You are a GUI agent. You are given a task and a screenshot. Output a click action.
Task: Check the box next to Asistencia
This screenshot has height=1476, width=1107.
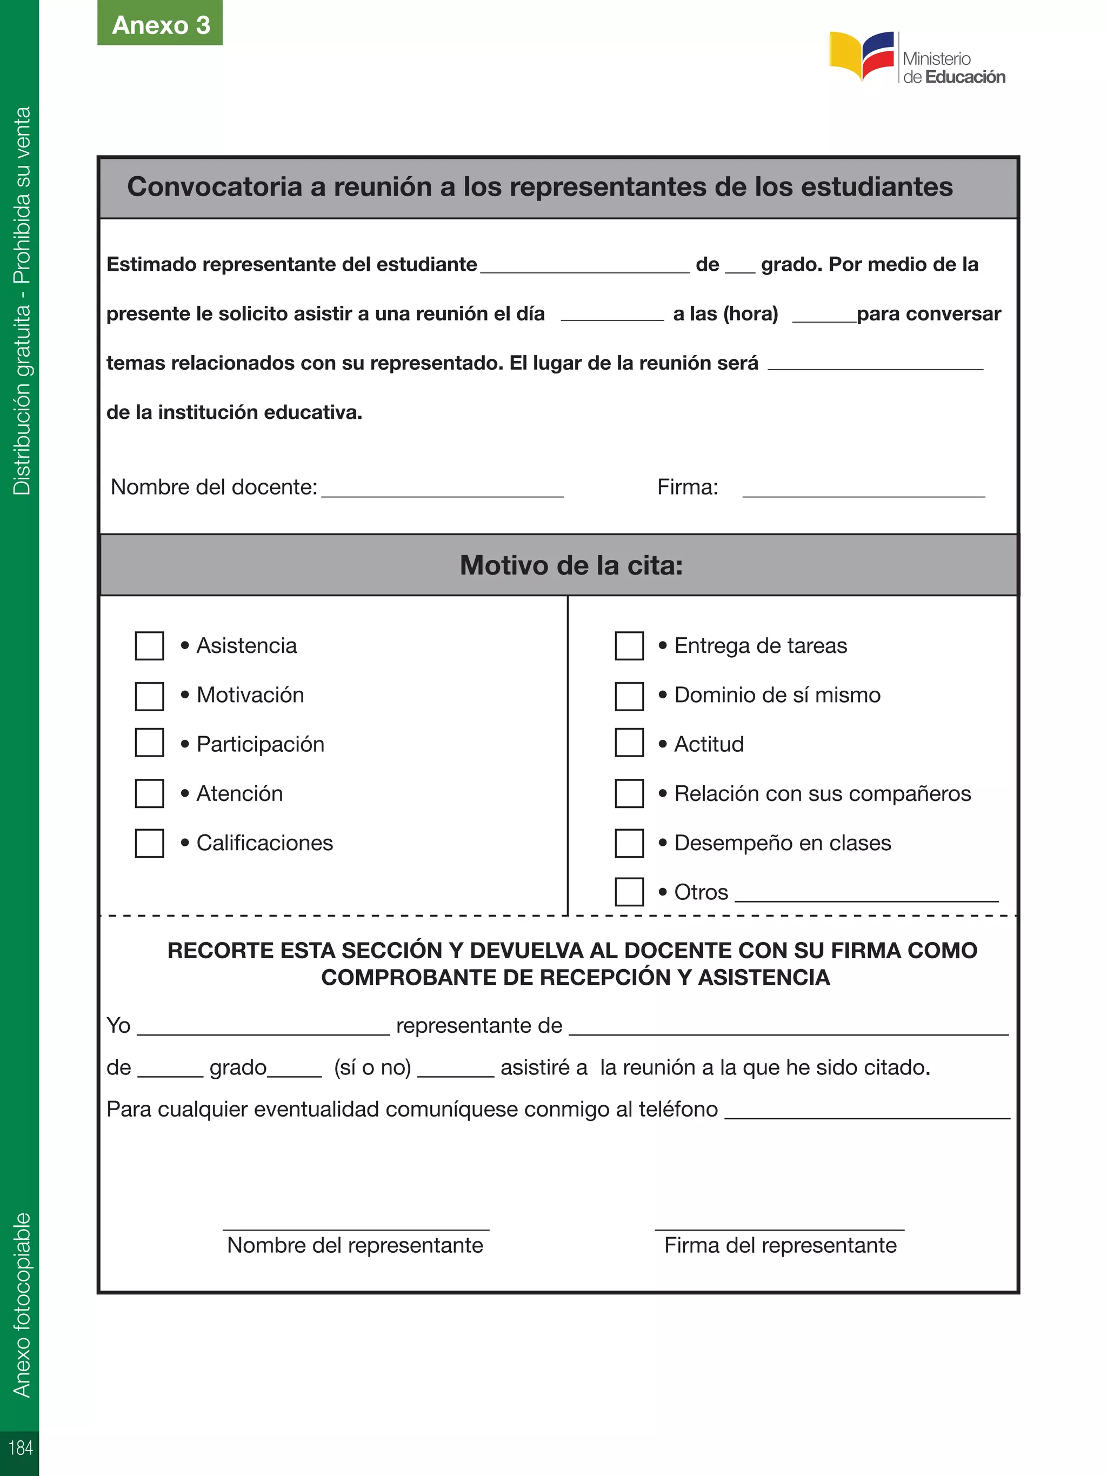(x=150, y=646)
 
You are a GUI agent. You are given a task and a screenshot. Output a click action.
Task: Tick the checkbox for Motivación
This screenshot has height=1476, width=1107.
(x=150, y=696)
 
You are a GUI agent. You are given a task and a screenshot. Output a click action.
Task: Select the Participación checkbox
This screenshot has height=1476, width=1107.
(x=150, y=743)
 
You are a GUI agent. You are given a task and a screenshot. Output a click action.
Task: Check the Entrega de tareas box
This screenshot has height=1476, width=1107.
(x=629, y=646)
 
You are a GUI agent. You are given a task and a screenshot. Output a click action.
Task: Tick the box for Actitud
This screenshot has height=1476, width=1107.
(x=629, y=743)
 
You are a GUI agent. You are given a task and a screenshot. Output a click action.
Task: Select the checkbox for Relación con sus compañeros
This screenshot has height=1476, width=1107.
(x=629, y=793)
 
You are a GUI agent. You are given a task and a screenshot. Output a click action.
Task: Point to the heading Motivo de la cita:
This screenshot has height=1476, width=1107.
(x=571, y=565)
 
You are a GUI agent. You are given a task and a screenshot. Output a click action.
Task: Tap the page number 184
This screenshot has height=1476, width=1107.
(x=20, y=1447)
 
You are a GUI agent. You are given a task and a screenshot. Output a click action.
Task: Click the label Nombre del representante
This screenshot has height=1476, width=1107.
(x=355, y=1245)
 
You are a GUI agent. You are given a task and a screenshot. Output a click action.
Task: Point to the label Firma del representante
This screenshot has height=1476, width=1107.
(x=780, y=1245)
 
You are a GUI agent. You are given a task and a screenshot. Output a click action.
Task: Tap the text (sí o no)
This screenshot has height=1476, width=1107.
(x=372, y=1067)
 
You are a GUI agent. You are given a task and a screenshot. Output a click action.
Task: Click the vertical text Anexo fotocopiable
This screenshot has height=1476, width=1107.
(x=22, y=1305)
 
